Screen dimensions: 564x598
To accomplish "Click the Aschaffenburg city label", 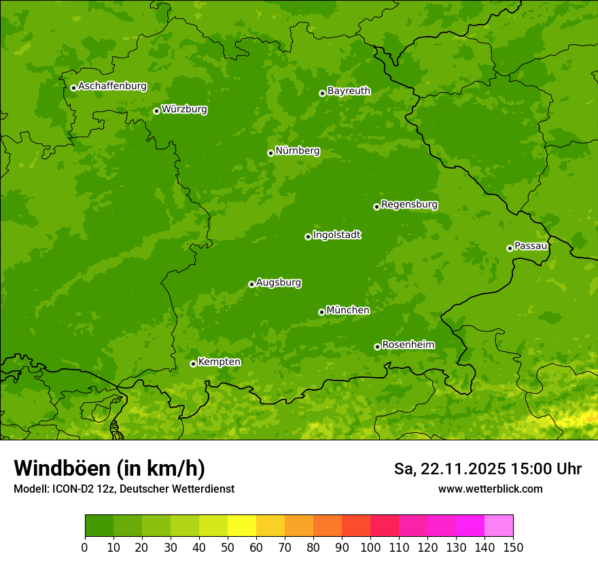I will point(112,86).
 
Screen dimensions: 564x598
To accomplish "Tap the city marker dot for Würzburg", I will point(156,111).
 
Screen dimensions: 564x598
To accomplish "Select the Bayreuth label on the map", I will point(349,91).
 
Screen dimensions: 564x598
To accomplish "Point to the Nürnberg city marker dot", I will point(270,153).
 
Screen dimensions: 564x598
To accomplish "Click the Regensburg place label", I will point(409,205).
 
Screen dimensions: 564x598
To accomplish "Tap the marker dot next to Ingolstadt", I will point(308,236).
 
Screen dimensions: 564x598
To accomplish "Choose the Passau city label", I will point(531,246).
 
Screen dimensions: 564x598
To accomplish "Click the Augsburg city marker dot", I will point(251,284).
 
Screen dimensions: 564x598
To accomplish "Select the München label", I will point(348,311).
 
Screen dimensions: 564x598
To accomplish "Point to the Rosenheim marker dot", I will point(377,347).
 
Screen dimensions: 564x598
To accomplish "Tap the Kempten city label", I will point(219,362).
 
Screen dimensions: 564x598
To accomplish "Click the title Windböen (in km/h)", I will point(109,468).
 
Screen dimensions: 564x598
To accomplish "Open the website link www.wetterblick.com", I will point(490,489).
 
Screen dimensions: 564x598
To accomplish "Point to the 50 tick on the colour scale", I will point(228,548).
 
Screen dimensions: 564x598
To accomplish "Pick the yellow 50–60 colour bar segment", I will point(242,525).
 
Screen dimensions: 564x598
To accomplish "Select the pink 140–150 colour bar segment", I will point(499,525).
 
